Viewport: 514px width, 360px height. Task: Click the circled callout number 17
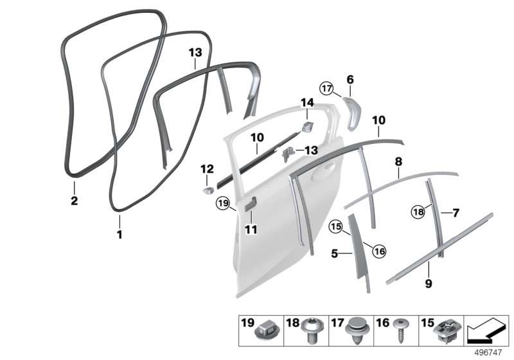tap(326, 89)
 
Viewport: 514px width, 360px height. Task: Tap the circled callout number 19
tap(223, 204)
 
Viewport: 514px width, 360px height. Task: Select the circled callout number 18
tap(418, 212)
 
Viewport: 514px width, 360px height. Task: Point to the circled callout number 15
tap(336, 226)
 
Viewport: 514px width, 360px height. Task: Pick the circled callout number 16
tap(379, 251)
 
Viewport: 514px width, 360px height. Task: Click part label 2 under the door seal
tap(75, 201)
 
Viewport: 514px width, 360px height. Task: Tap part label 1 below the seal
tap(120, 235)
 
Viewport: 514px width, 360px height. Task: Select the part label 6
tap(350, 79)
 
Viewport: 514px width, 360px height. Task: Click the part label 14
tap(307, 103)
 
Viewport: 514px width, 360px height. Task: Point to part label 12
tap(207, 169)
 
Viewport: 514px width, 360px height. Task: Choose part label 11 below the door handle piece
tap(251, 230)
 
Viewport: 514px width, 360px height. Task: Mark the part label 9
tap(429, 283)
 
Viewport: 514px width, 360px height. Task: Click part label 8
tap(398, 161)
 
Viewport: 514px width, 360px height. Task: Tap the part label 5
tap(334, 253)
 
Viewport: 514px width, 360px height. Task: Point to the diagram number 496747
tap(488, 352)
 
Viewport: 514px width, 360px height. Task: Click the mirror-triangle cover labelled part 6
tap(351, 113)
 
